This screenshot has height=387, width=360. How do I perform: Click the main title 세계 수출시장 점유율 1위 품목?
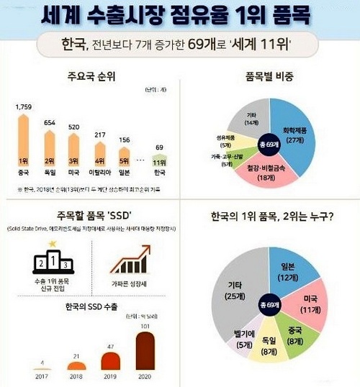pos(180,16)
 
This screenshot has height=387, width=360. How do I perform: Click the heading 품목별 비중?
pos(269,73)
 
